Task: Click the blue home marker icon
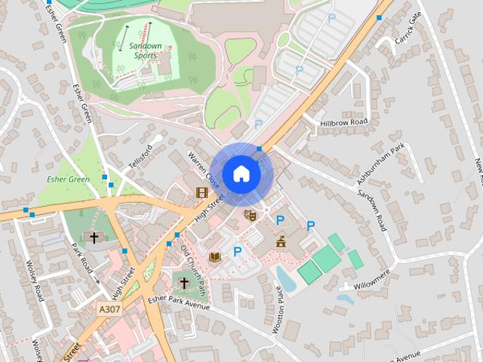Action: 241,173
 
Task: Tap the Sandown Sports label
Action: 140,51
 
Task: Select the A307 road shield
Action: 109,309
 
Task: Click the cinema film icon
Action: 202,192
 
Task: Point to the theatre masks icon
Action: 251,216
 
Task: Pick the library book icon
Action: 215,257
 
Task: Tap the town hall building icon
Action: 281,241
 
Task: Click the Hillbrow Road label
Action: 343,122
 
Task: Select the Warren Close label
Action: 204,170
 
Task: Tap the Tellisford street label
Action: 145,156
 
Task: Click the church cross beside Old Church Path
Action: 183,284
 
